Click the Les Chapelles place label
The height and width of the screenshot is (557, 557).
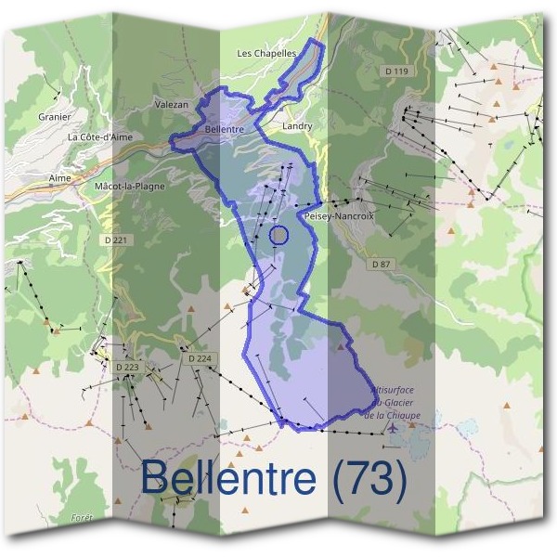[x=266, y=54]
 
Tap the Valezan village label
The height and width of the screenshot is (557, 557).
[x=171, y=105]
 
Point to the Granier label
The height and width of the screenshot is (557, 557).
[x=55, y=117]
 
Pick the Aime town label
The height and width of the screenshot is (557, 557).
[x=58, y=175]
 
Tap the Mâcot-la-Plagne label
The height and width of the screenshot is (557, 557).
[x=130, y=186]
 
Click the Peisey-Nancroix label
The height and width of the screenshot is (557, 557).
[x=339, y=215]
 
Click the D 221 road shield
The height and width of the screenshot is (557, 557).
[x=117, y=240]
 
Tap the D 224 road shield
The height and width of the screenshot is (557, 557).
[x=200, y=358]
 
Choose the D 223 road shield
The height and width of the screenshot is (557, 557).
[x=127, y=368]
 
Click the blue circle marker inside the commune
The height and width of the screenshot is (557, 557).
[x=278, y=236]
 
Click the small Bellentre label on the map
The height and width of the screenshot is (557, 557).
[x=224, y=130]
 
